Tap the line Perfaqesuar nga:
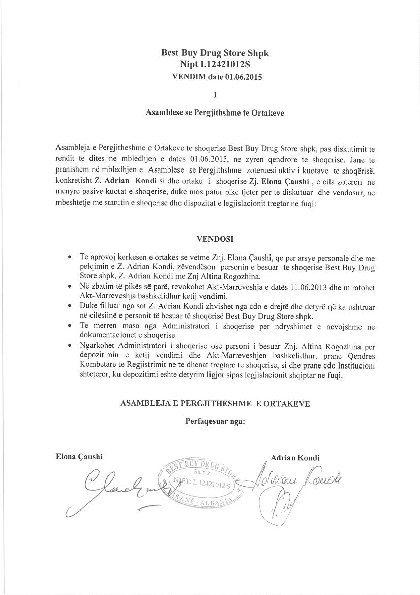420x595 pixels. (215, 421)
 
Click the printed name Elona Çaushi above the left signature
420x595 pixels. (79, 457)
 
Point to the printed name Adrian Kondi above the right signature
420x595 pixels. (295, 458)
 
